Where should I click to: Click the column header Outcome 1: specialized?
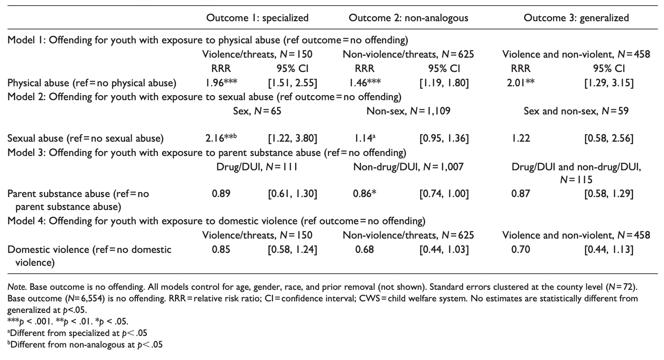click(x=257, y=18)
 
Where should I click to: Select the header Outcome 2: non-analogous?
click(x=408, y=18)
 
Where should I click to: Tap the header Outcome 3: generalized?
click(x=576, y=18)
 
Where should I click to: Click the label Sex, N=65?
click(x=257, y=111)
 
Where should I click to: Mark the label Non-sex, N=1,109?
click(x=408, y=111)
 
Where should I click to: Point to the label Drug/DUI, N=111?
click(x=257, y=166)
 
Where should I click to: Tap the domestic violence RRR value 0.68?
click(x=363, y=250)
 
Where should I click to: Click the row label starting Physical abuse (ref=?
click(x=92, y=83)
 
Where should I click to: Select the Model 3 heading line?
click(x=206, y=152)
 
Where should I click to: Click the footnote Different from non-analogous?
click(x=85, y=344)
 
